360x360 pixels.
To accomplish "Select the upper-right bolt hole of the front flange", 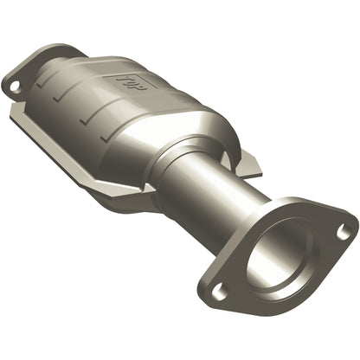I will pyautogui.click(x=344, y=230).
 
